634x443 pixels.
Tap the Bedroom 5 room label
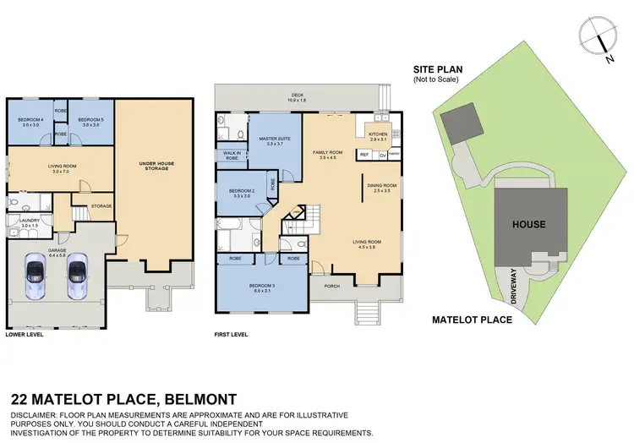pos(90,120)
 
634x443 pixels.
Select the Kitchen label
pos(377,134)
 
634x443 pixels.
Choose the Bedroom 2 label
pos(243,190)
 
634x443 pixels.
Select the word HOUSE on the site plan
pos(528,225)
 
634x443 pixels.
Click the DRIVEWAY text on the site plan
pos(513,287)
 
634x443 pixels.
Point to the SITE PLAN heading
pos(436,70)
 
